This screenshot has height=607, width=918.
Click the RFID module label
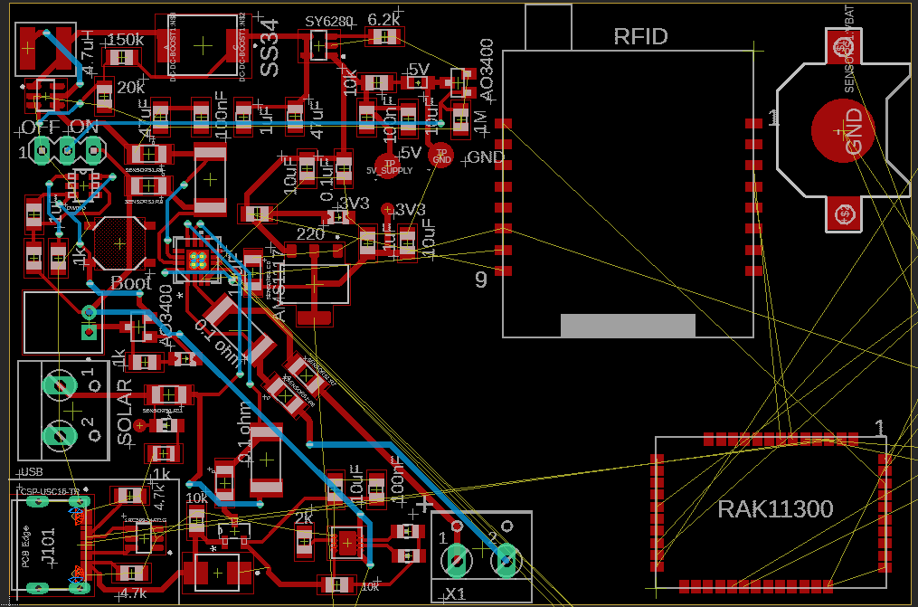(x=640, y=37)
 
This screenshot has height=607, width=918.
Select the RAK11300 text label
(x=774, y=508)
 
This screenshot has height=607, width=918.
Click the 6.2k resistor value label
(x=384, y=19)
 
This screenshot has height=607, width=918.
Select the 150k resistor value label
(x=125, y=40)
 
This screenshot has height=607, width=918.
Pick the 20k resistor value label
(x=131, y=88)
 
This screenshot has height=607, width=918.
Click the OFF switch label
(x=40, y=127)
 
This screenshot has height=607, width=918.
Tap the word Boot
(x=131, y=282)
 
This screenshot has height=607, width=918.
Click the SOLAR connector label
(x=126, y=413)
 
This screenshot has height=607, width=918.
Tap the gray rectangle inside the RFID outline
(x=628, y=326)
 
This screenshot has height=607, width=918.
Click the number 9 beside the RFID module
(x=481, y=280)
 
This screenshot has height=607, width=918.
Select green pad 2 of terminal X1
(x=505, y=561)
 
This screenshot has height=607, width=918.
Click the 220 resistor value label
(x=310, y=233)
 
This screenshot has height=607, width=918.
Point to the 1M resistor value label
(x=479, y=119)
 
